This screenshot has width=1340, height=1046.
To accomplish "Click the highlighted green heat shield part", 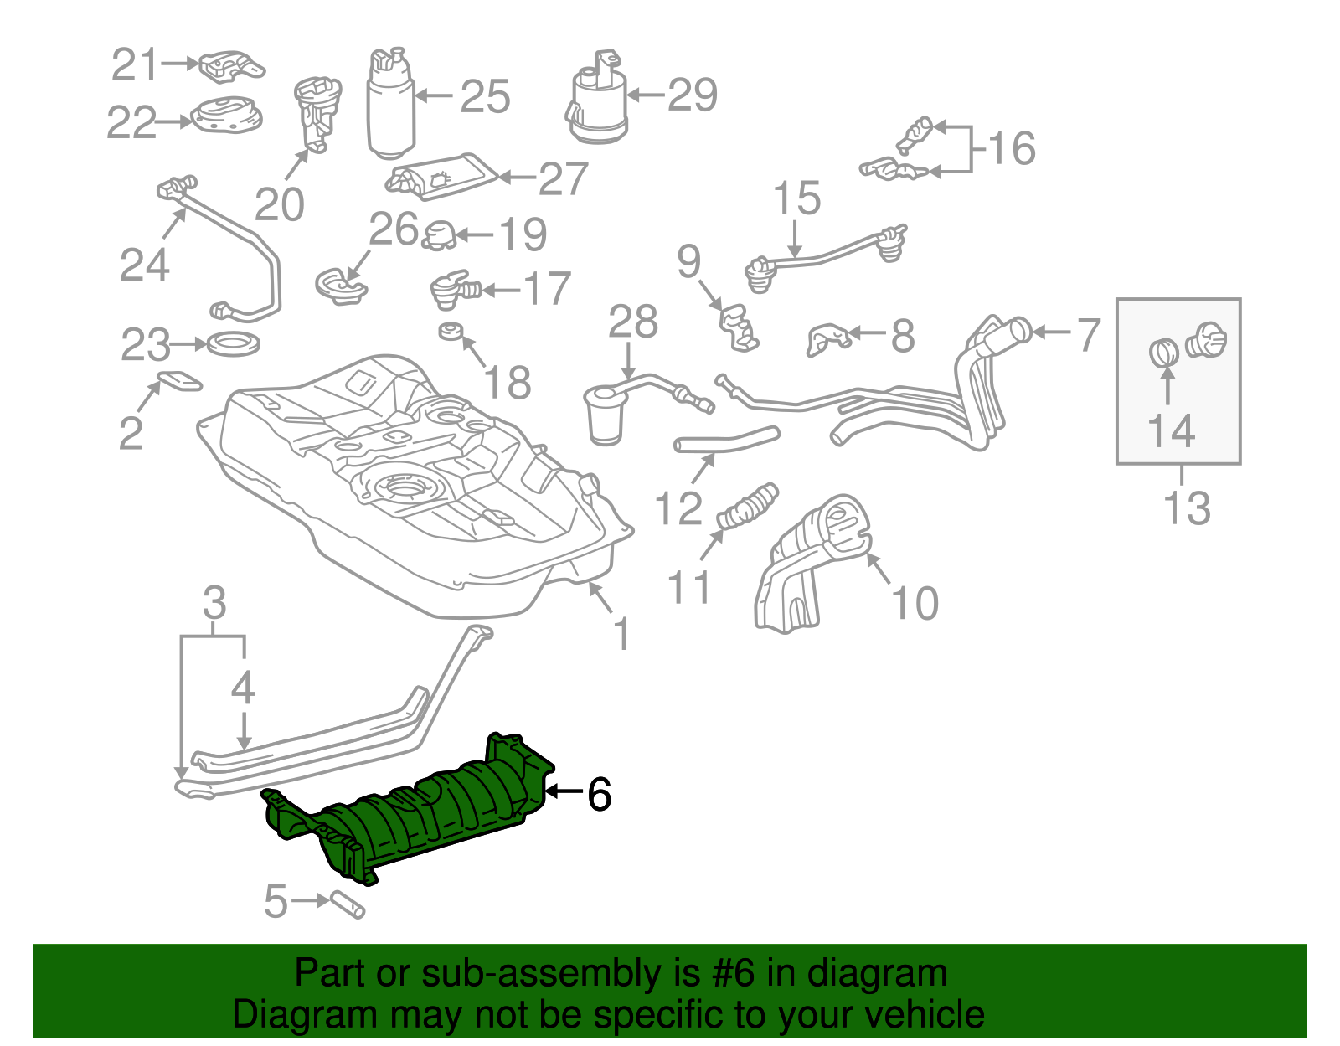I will click(x=419, y=808).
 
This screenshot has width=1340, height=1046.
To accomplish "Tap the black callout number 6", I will click(x=599, y=794).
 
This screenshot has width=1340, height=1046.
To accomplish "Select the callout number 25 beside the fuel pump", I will click(x=485, y=97).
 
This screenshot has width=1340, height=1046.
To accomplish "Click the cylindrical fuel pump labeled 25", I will click(x=390, y=105).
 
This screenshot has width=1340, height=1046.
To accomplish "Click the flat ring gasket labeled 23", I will click(x=233, y=343).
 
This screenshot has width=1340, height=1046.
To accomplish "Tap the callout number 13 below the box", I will click(x=1187, y=508).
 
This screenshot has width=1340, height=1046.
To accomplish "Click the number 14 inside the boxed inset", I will click(x=1170, y=432).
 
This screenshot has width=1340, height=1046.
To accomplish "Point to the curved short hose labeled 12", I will click(x=725, y=441).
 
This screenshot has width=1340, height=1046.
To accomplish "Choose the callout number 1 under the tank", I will click(x=621, y=634).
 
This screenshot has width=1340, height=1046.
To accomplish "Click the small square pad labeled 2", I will click(x=180, y=381).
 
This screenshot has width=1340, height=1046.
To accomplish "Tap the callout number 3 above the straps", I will click(x=214, y=603).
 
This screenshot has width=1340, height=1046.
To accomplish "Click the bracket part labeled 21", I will click(x=231, y=65).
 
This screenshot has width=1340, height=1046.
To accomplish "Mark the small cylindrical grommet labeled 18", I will click(x=451, y=330).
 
